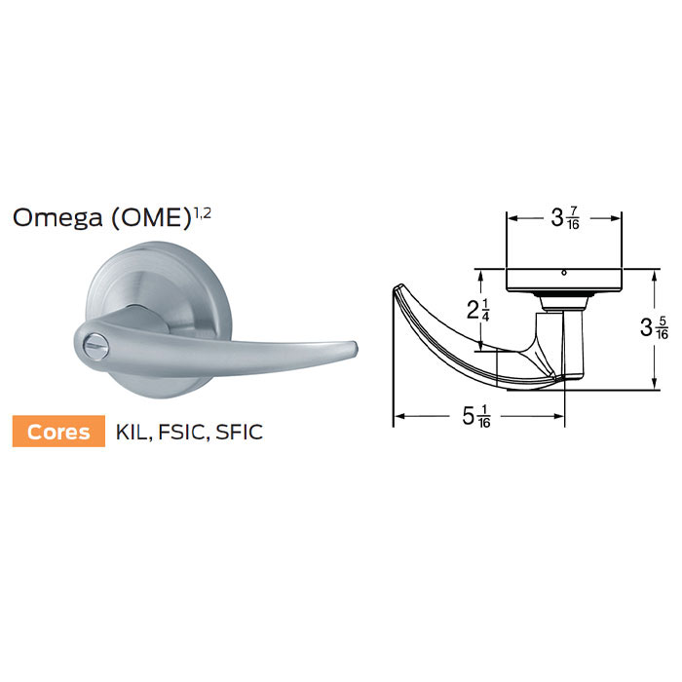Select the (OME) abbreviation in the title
[150, 217]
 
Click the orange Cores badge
[57, 432]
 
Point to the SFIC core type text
[242, 432]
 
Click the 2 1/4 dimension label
[479, 311]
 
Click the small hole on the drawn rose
[563, 274]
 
